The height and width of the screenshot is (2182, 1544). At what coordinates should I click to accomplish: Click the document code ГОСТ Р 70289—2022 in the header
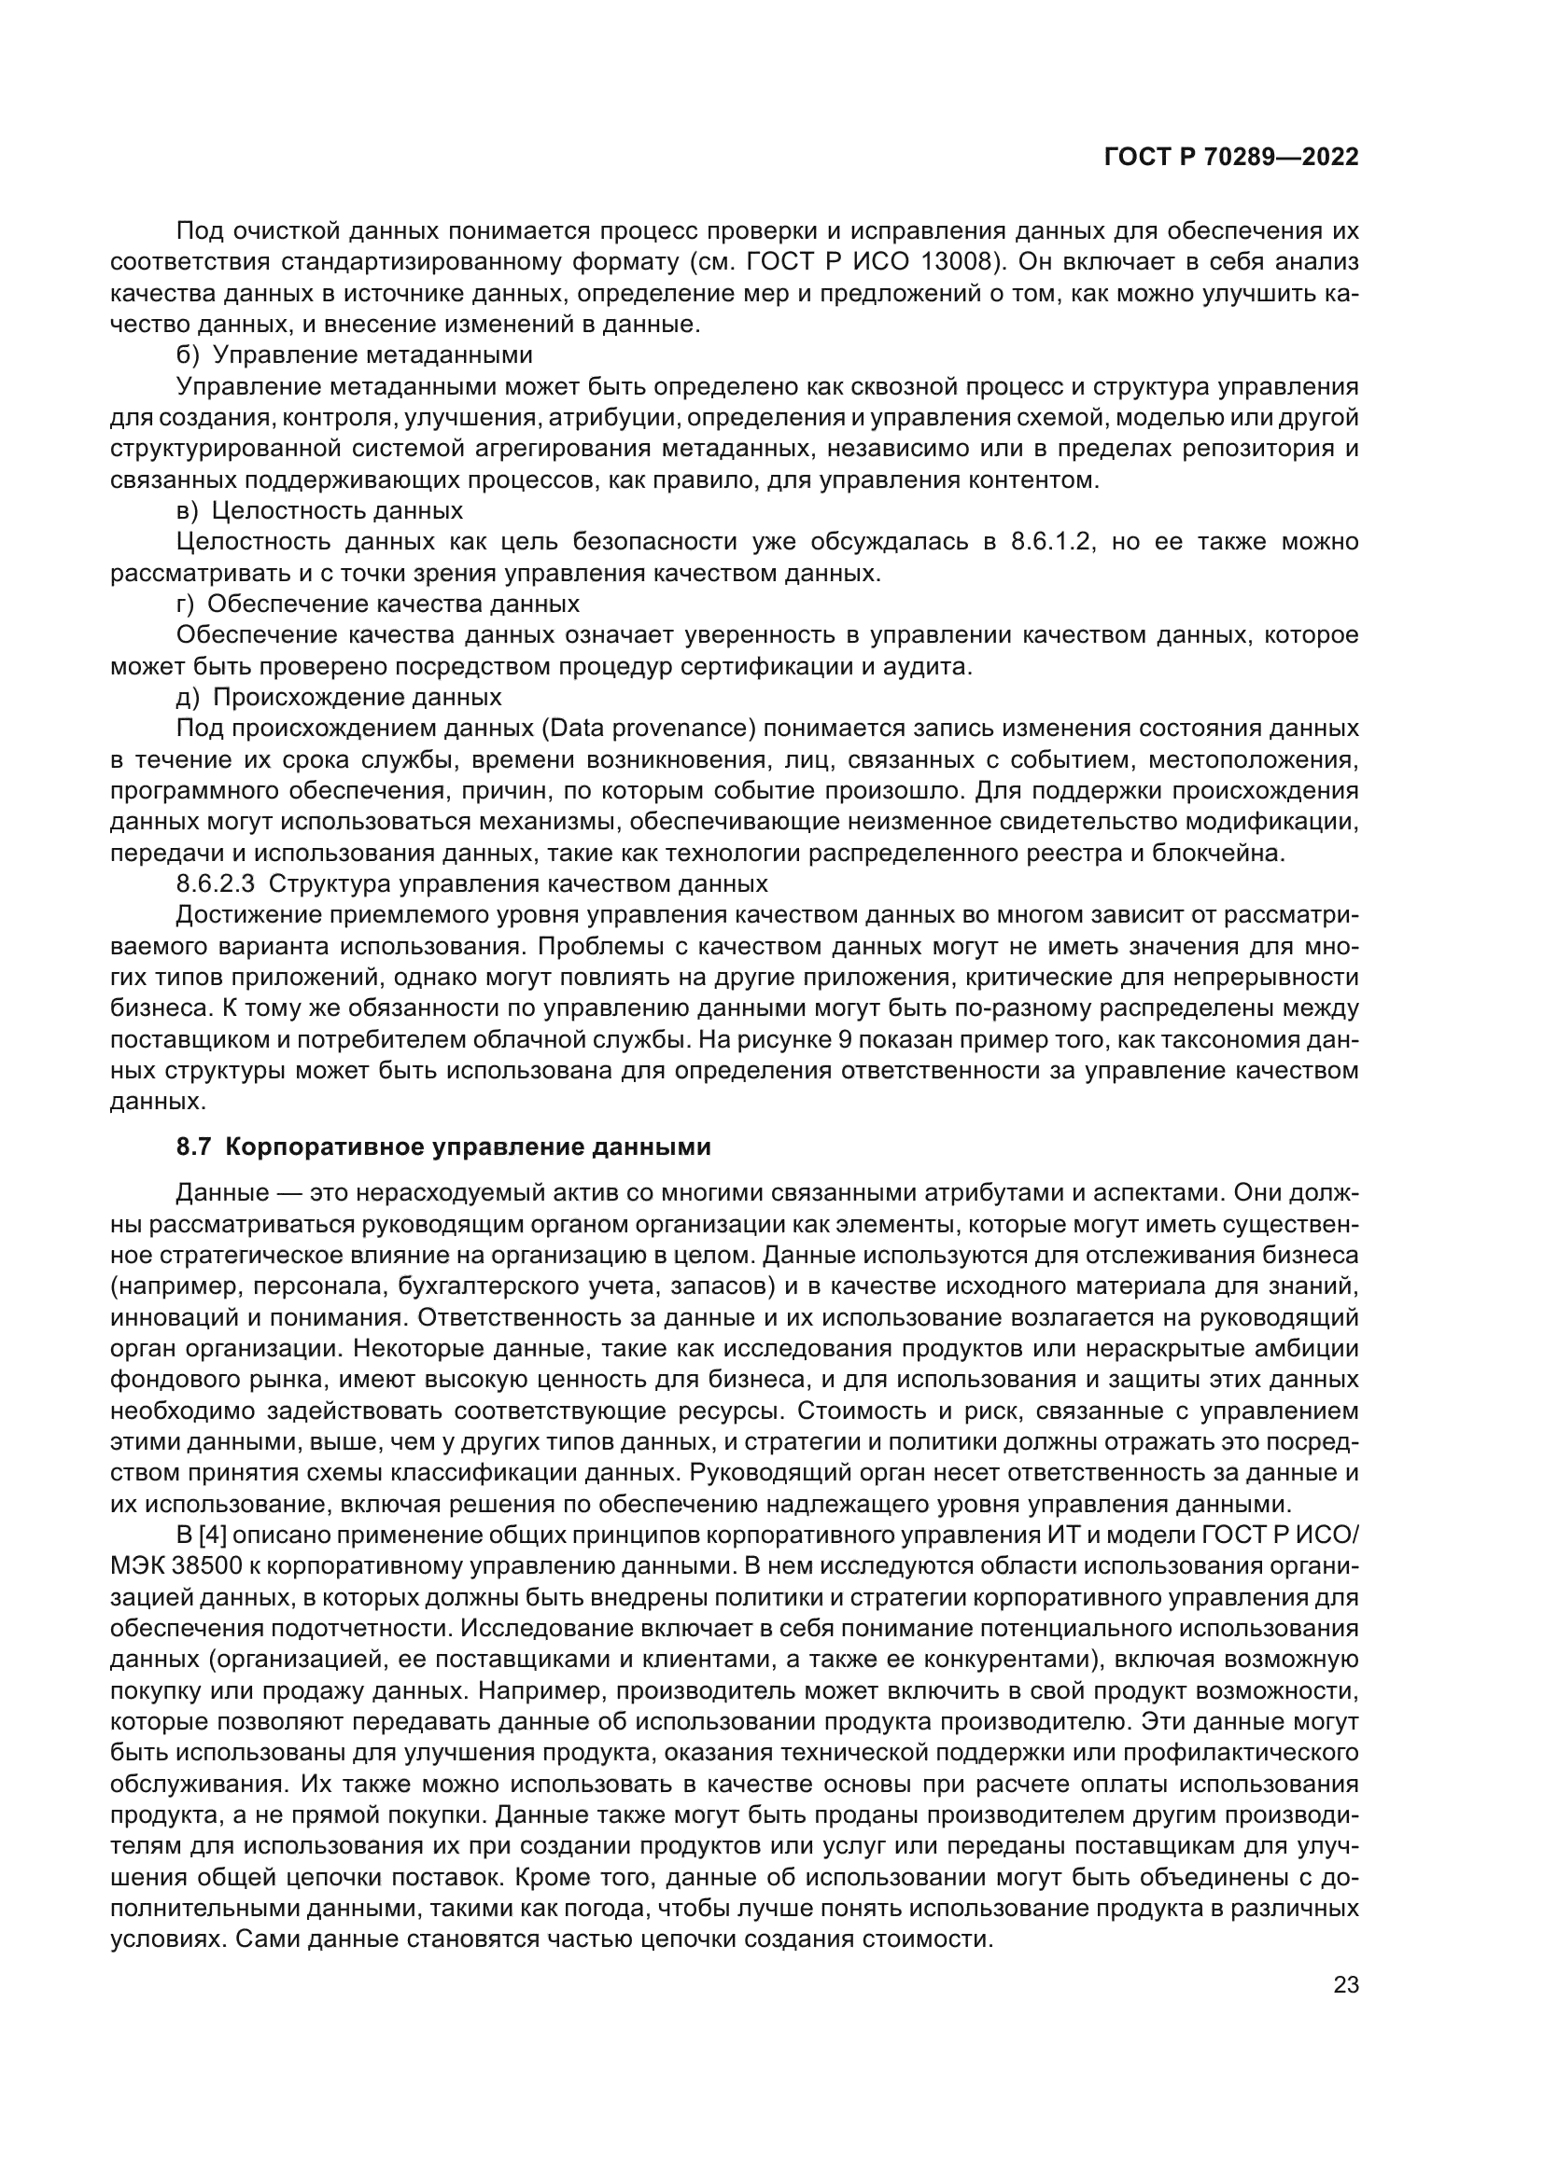pyautogui.click(x=1230, y=157)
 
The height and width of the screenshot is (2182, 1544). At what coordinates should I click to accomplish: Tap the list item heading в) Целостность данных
pyautogui.click(x=319, y=510)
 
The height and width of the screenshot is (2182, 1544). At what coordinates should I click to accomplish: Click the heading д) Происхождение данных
pyautogui.click(x=340, y=697)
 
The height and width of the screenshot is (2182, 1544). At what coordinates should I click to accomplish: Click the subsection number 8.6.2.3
pyautogui.click(x=216, y=883)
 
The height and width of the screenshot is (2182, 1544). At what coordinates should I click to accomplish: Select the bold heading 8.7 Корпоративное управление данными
pyautogui.click(x=444, y=1147)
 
